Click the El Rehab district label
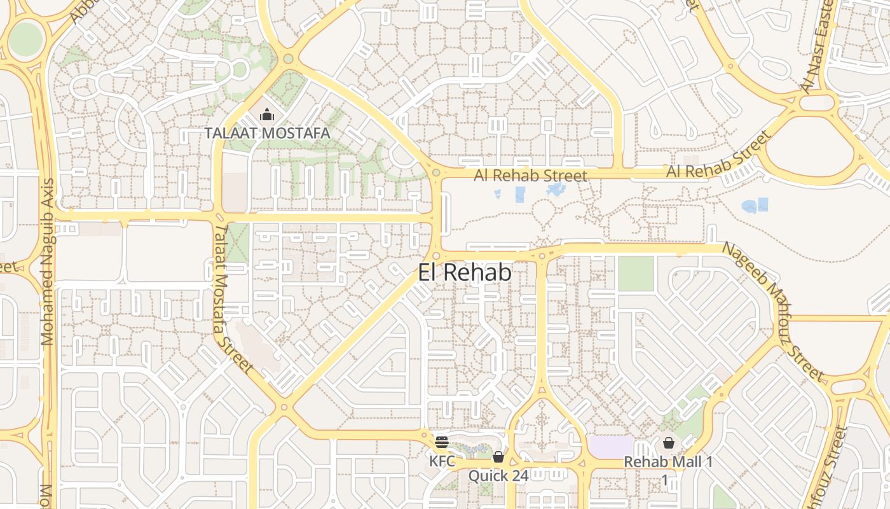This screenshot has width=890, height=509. point(465,272)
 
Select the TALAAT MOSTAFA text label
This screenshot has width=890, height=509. point(267,133)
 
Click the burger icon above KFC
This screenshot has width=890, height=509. point(442,442)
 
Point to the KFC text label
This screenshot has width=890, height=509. point(442,461)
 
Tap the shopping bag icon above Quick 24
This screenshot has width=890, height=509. point(498,457)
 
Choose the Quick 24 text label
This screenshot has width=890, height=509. point(498,475)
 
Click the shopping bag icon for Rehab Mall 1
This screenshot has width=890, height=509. point(669,443)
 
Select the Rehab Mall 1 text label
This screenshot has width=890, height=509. point(668,462)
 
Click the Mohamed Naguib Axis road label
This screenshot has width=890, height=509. point(48,261)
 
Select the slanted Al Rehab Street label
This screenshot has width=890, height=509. point(719,156)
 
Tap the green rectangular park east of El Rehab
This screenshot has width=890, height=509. point(636,274)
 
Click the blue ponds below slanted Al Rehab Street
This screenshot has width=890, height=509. point(755,206)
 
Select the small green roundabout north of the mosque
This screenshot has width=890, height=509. point(288,59)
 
